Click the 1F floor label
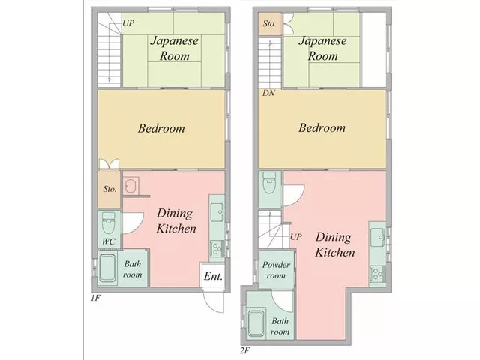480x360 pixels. click(95, 298)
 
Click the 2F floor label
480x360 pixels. click(245, 350)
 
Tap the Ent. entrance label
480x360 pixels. click(213, 276)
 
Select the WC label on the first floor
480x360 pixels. click(109, 241)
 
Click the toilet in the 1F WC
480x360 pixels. click(108, 223)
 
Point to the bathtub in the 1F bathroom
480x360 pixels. click(107, 268)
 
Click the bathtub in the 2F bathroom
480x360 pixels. click(256, 323)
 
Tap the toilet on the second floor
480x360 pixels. click(270, 183)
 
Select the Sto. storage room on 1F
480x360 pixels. click(109, 189)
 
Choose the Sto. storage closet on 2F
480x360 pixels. click(270, 23)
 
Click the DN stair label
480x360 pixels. click(268, 93)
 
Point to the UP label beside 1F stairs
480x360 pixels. click(128, 23)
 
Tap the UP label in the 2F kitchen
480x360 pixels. click(295, 237)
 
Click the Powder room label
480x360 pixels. click(276, 270)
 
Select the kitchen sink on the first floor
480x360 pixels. click(217, 212)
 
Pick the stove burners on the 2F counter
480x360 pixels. click(377, 273)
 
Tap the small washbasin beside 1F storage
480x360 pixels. click(131, 185)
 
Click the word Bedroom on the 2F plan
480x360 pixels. click(322, 128)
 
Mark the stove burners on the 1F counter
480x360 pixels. click(217, 248)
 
